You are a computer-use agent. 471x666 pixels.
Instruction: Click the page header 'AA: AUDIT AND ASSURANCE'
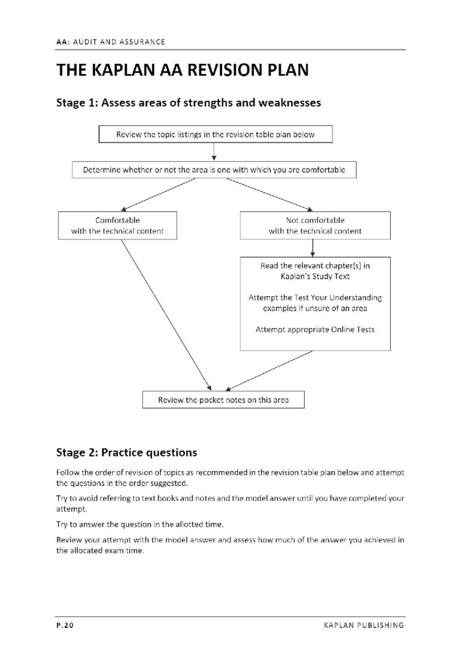click(111, 42)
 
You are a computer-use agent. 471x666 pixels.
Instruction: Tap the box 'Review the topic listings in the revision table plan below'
click(215, 134)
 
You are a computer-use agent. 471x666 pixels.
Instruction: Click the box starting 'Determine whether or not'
click(214, 170)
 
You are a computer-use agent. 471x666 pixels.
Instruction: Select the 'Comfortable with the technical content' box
click(117, 226)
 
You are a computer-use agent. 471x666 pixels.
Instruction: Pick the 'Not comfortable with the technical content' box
click(315, 226)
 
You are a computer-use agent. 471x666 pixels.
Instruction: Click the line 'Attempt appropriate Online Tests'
click(315, 329)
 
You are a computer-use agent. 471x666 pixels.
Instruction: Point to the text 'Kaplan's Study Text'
click(315, 276)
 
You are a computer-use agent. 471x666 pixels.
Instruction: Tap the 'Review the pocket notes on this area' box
click(223, 400)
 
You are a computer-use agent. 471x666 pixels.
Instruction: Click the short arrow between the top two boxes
click(214, 152)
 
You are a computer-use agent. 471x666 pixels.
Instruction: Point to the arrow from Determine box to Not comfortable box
click(269, 194)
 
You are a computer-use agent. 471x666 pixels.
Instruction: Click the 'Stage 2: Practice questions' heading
click(126, 452)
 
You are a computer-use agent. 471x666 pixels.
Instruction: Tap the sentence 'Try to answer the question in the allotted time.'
click(140, 524)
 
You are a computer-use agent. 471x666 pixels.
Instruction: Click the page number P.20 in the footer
click(65, 625)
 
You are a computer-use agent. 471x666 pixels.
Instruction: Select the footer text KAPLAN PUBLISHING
click(364, 625)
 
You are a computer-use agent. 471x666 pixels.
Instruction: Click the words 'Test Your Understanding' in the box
click(338, 298)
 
